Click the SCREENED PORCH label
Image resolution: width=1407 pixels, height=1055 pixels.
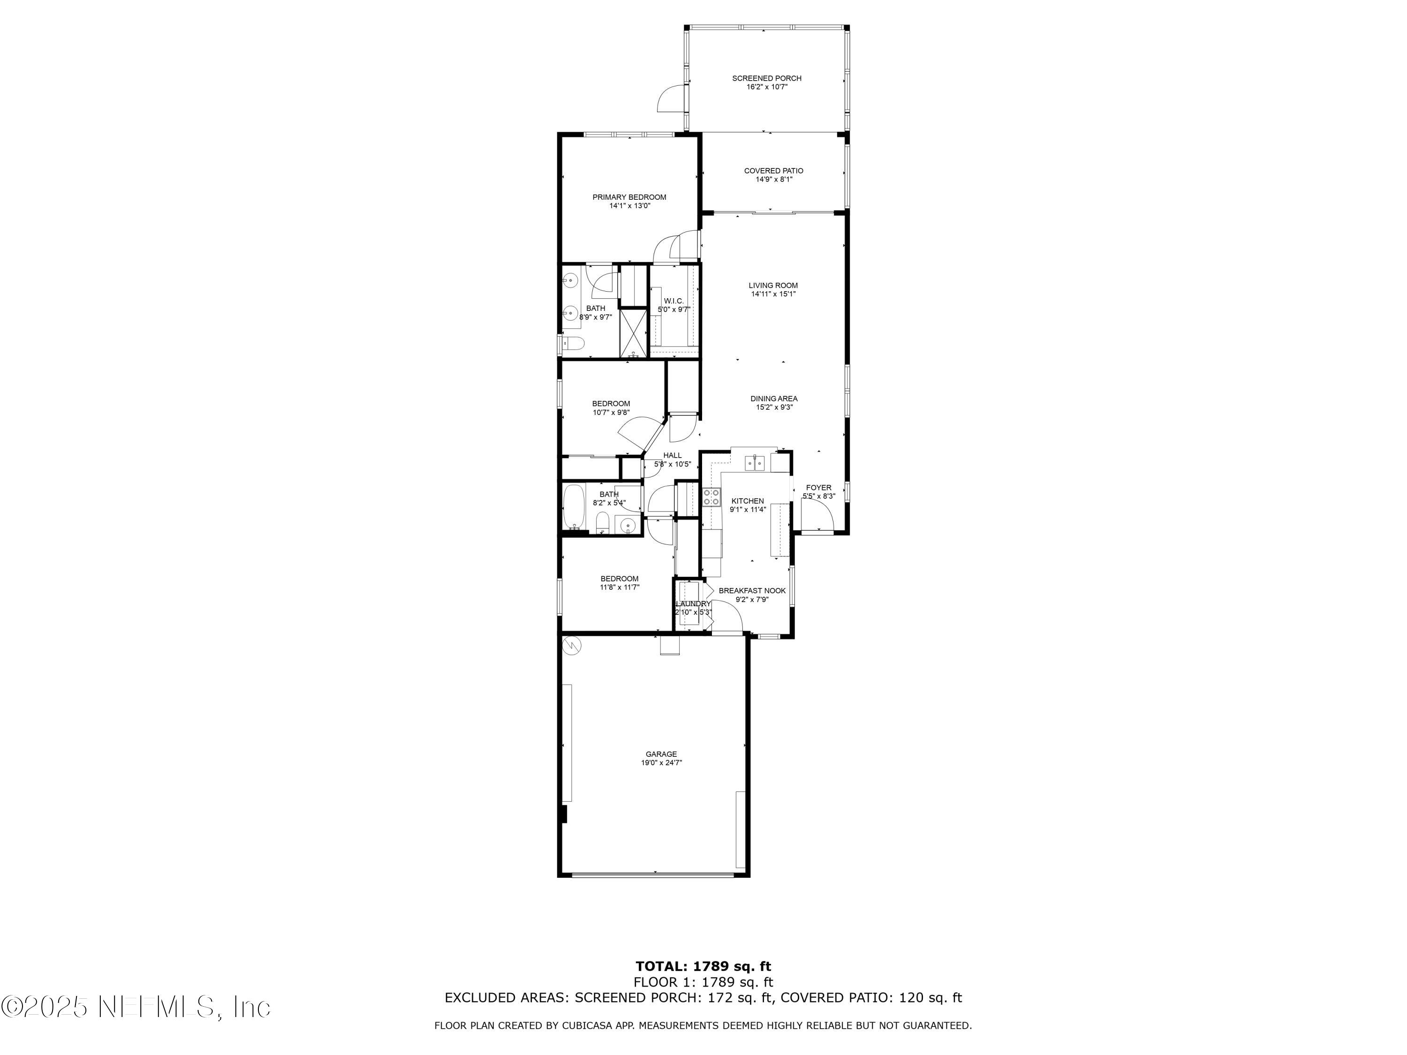pos(766,78)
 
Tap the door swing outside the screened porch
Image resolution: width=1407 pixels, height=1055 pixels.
pos(671,100)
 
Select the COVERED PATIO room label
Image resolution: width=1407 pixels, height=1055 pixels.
pos(773,170)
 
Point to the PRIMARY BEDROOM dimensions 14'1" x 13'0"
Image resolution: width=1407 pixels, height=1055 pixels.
pos(629,206)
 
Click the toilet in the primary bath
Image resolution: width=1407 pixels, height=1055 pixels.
pos(575,344)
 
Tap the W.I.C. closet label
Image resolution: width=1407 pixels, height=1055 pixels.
pos(673,301)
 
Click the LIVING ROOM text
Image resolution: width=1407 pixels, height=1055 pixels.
pos(773,286)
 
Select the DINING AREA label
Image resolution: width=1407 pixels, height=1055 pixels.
pos(773,399)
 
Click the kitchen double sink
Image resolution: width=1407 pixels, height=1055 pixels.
pos(755,463)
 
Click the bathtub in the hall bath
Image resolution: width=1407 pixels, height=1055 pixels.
pos(574,507)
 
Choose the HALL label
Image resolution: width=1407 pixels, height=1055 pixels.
pos(673,455)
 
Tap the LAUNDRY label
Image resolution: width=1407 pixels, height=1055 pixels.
pos(693,603)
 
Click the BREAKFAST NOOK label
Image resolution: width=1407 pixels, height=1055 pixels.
pos(752,590)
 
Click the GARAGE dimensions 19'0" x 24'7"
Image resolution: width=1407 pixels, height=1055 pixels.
pos(661,762)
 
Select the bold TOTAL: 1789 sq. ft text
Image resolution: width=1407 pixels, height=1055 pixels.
pos(703,966)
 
